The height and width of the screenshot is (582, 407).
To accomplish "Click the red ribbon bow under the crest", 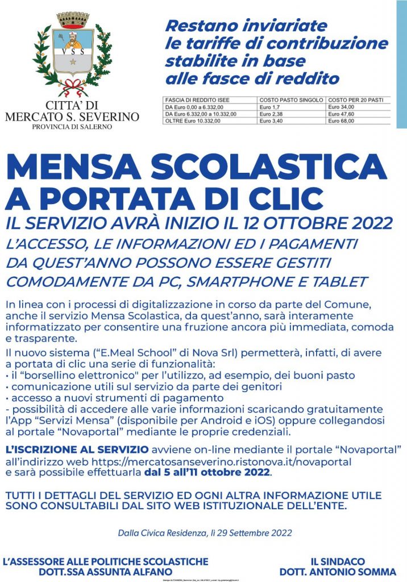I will pos(72,87).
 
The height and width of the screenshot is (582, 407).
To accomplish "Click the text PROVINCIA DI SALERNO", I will pos(72,126).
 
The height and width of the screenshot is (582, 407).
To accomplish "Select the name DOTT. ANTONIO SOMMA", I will pos(338,571).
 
